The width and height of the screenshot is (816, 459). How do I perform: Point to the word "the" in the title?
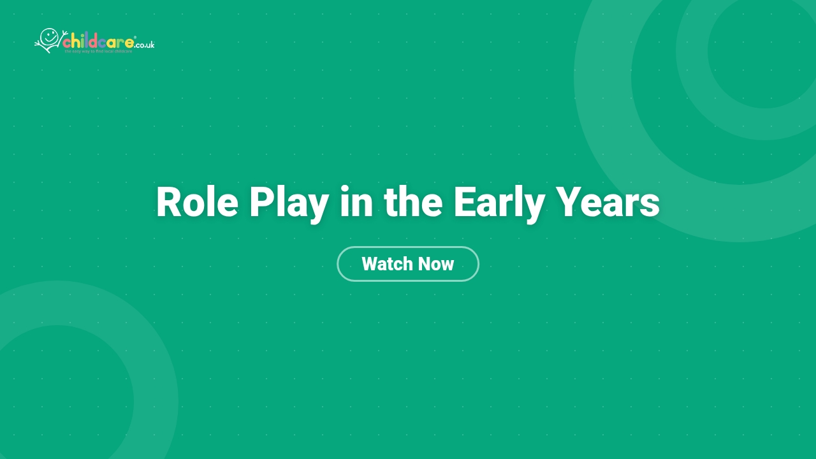[413, 202]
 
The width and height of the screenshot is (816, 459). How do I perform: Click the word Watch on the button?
[384, 264]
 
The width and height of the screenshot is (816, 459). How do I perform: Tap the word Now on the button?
[436, 264]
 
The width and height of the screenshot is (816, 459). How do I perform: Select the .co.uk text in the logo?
[145, 45]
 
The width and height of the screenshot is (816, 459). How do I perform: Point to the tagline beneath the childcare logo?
[98, 51]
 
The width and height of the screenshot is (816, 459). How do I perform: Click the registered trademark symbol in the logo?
[135, 38]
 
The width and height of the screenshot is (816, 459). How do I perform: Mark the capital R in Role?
[169, 203]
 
